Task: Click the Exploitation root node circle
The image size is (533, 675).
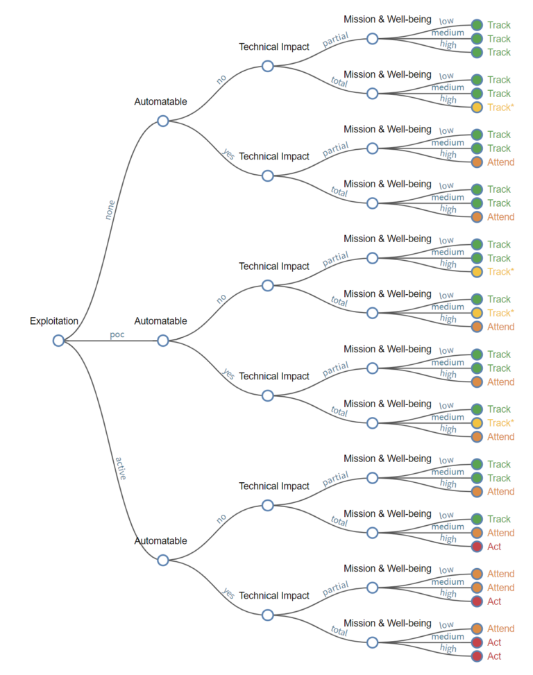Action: click(58, 340)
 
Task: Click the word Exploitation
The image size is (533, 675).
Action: click(54, 321)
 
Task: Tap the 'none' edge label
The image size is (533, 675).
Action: click(110, 210)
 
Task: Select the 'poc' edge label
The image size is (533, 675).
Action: click(117, 334)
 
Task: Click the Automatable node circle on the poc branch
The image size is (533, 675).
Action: click(163, 340)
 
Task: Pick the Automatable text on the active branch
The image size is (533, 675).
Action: click(160, 541)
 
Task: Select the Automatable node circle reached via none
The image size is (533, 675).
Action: click(163, 121)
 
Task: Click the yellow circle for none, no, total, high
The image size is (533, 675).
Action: click(477, 108)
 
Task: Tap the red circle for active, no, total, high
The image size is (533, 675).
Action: click(477, 547)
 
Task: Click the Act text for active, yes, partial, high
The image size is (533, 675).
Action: click(494, 601)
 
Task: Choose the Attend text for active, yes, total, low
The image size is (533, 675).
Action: click(500, 629)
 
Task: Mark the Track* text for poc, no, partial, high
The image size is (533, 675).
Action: click(500, 272)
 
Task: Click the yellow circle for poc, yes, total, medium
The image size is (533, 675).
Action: click(477, 423)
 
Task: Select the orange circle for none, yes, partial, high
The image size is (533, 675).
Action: click(477, 162)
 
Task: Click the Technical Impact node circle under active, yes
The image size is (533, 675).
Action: click(268, 615)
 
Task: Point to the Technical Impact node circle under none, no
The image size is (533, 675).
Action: click(268, 66)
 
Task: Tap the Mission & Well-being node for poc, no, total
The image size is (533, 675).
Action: click(373, 313)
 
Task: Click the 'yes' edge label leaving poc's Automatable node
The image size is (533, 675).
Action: click(228, 373)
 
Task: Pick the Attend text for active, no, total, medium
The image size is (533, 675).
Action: click(500, 533)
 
